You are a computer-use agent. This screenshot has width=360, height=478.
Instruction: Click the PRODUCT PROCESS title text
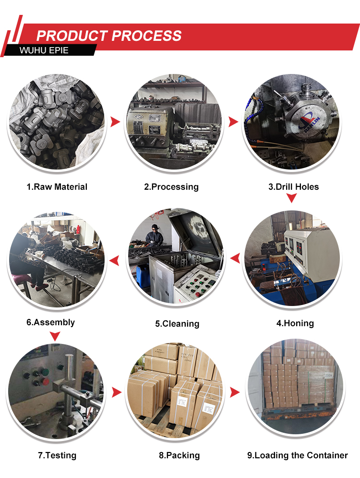click(x=109, y=36)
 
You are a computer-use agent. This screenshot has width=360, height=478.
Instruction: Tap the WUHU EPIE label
click(x=44, y=50)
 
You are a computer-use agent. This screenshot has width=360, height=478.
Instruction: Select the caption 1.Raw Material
click(x=57, y=186)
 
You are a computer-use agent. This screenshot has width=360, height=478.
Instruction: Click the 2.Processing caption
click(x=171, y=187)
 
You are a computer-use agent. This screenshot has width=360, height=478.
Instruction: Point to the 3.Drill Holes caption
click(x=294, y=186)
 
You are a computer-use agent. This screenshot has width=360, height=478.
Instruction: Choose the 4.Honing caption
click(x=295, y=323)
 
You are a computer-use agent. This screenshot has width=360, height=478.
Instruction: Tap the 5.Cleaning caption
click(x=177, y=323)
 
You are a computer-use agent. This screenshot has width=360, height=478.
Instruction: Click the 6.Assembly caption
click(x=50, y=322)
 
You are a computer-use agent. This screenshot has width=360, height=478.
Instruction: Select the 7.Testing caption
click(x=57, y=455)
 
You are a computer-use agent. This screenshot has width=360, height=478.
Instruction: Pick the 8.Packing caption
click(x=180, y=455)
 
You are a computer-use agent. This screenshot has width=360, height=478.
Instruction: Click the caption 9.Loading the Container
click(x=298, y=455)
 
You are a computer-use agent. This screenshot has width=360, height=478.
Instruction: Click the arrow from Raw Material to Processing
click(x=115, y=122)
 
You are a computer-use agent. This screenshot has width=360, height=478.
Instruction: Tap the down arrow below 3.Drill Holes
click(x=291, y=198)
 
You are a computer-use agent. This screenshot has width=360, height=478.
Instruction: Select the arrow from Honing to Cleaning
click(x=235, y=258)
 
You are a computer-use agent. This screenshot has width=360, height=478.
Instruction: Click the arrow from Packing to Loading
click(x=235, y=392)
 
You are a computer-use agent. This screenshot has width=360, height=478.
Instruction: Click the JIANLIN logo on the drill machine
click(x=309, y=122)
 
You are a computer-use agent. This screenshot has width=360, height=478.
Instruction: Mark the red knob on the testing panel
click(x=45, y=381)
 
